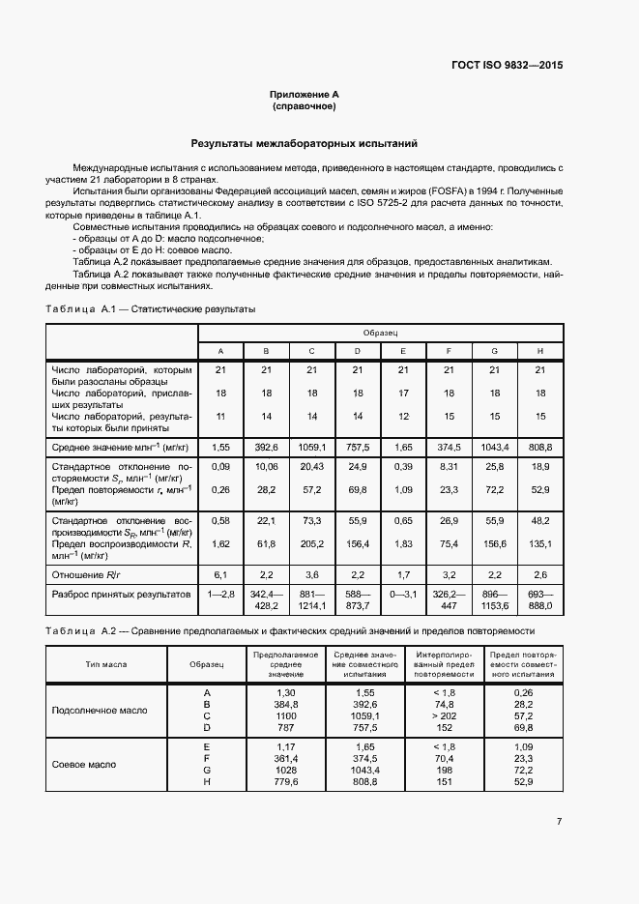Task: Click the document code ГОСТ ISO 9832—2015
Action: click(507, 66)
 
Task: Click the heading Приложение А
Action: click(304, 95)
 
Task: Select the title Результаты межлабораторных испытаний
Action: click(304, 143)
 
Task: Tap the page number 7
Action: click(559, 822)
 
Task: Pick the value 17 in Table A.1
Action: click(403, 394)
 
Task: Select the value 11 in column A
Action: click(220, 416)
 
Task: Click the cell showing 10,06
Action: click(266, 467)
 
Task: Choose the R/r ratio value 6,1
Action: click(220, 573)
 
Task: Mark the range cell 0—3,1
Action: click(403, 593)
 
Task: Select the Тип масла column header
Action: click(107, 665)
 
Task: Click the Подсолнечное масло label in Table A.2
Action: click(100, 709)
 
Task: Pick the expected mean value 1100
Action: click(286, 715)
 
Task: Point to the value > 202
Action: click(445, 715)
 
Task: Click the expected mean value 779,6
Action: click(286, 782)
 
